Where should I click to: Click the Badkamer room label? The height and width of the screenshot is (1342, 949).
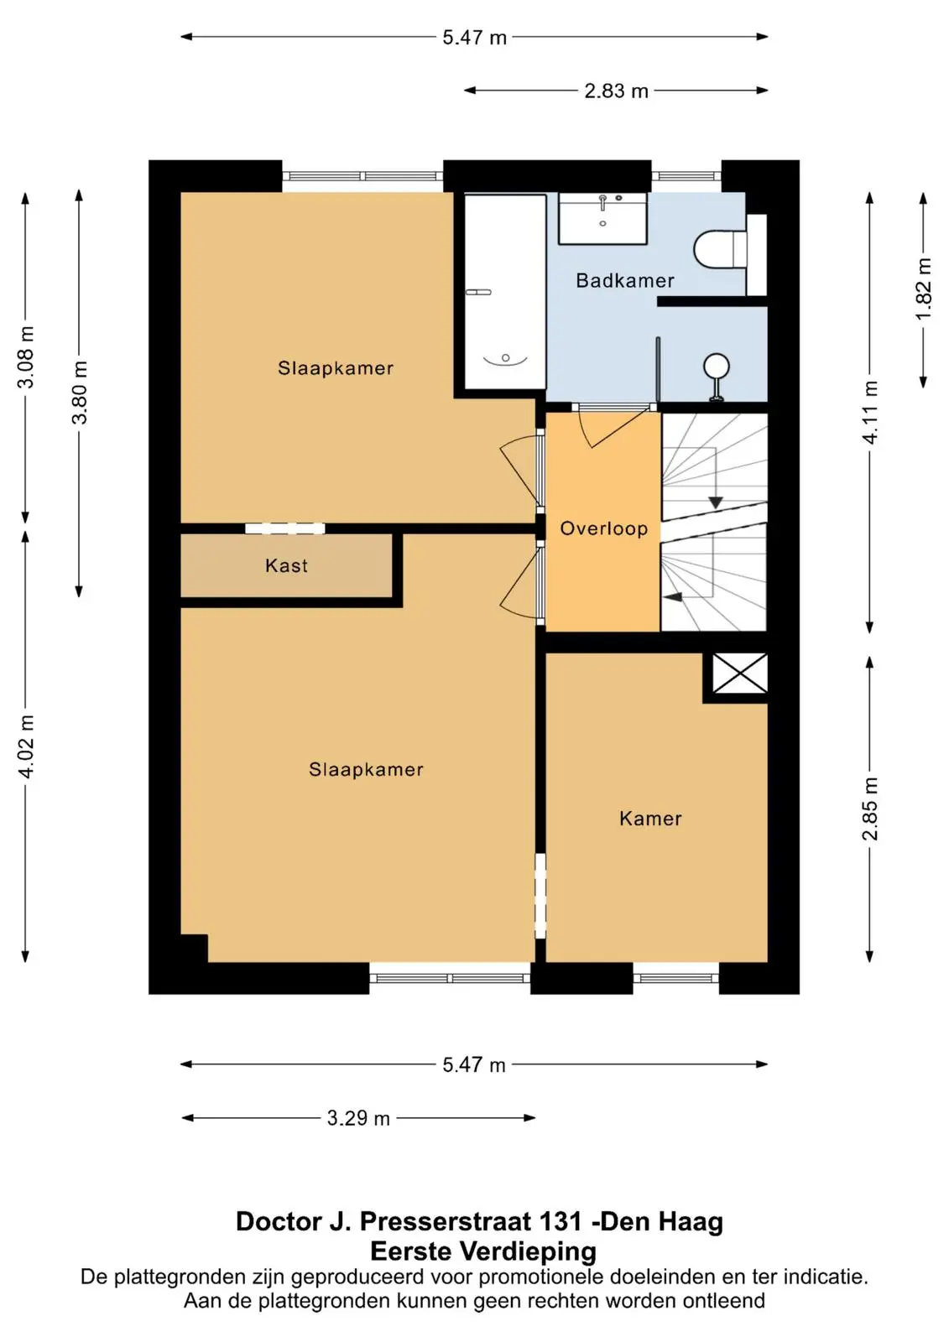(x=624, y=280)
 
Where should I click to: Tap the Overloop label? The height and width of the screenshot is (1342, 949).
(x=603, y=528)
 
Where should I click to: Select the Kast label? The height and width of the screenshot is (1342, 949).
(x=286, y=565)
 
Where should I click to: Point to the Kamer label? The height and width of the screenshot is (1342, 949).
(x=650, y=819)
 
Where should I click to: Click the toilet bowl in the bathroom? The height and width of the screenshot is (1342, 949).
(x=719, y=249)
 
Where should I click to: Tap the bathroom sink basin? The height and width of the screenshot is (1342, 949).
(x=602, y=219)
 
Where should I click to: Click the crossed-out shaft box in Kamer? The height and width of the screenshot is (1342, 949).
(x=739, y=674)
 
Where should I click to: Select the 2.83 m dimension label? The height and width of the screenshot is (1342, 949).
(x=616, y=91)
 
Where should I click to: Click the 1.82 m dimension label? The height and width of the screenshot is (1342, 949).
(x=924, y=289)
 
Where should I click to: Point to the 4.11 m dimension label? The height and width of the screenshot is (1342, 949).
(x=870, y=412)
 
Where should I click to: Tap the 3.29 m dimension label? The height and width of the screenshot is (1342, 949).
(x=358, y=1118)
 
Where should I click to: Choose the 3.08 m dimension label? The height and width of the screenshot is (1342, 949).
(x=26, y=357)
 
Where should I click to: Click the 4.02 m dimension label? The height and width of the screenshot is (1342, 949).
(x=26, y=746)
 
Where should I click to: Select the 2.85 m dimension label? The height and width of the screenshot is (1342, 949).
(x=870, y=809)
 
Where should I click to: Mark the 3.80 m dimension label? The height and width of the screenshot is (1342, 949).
(x=80, y=393)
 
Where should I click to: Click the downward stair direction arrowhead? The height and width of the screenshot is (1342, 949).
(x=715, y=502)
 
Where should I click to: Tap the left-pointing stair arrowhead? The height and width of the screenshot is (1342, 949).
(x=674, y=596)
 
